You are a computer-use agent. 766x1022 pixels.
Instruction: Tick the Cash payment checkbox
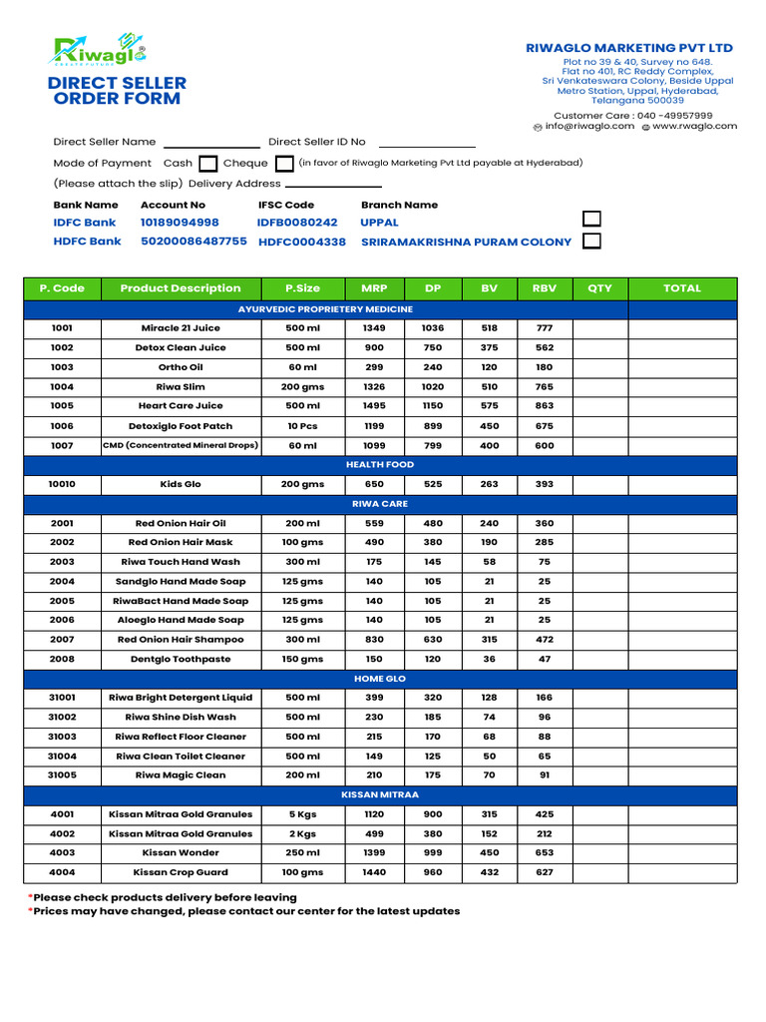tap(208, 164)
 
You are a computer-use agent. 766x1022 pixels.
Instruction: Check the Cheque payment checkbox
tap(283, 164)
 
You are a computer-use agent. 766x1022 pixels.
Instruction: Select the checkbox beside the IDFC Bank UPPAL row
tap(591, 220)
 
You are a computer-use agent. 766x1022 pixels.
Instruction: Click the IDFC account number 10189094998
tap(180, 223)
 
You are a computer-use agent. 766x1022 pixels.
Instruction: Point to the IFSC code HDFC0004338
tap(302, 242)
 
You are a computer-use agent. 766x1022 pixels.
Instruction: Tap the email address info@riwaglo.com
tap(589, 127)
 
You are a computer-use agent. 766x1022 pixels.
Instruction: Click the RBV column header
tap(545, 288)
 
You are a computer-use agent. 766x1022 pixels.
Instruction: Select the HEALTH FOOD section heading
tap(380, 465)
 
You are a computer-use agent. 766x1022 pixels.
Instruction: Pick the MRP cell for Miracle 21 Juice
tap(374, 328)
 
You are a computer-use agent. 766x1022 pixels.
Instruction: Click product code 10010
tap(62, 484)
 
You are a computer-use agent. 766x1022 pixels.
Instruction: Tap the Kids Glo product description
tap(181, 484)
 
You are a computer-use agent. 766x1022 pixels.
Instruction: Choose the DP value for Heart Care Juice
tap(432, 406)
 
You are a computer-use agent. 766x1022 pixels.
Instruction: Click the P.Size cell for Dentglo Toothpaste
tap(302, 660)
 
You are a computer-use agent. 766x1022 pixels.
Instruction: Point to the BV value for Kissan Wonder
tap(489, 853)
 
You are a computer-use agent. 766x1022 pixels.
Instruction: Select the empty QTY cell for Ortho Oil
tap(599, 367)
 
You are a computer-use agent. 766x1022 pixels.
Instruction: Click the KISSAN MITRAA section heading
tap(380, 795)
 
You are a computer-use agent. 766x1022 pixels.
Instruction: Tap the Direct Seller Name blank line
tap(210, 143)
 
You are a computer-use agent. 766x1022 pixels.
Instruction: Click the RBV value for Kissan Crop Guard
tap(545, 872)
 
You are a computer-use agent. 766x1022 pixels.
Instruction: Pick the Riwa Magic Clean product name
tap(181, 775)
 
